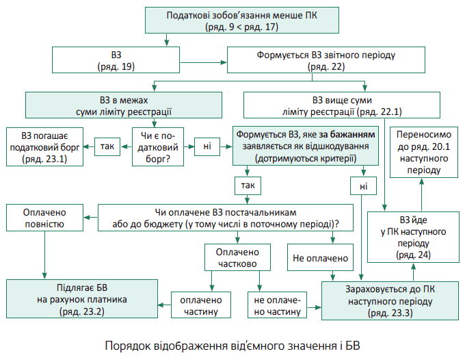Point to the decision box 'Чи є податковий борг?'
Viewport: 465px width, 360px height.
pos(155,146)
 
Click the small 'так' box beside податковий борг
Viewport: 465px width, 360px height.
pos(107,146)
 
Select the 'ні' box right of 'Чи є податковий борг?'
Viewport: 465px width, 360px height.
pos(206,146)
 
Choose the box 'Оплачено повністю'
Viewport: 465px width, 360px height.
pos(44,218)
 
